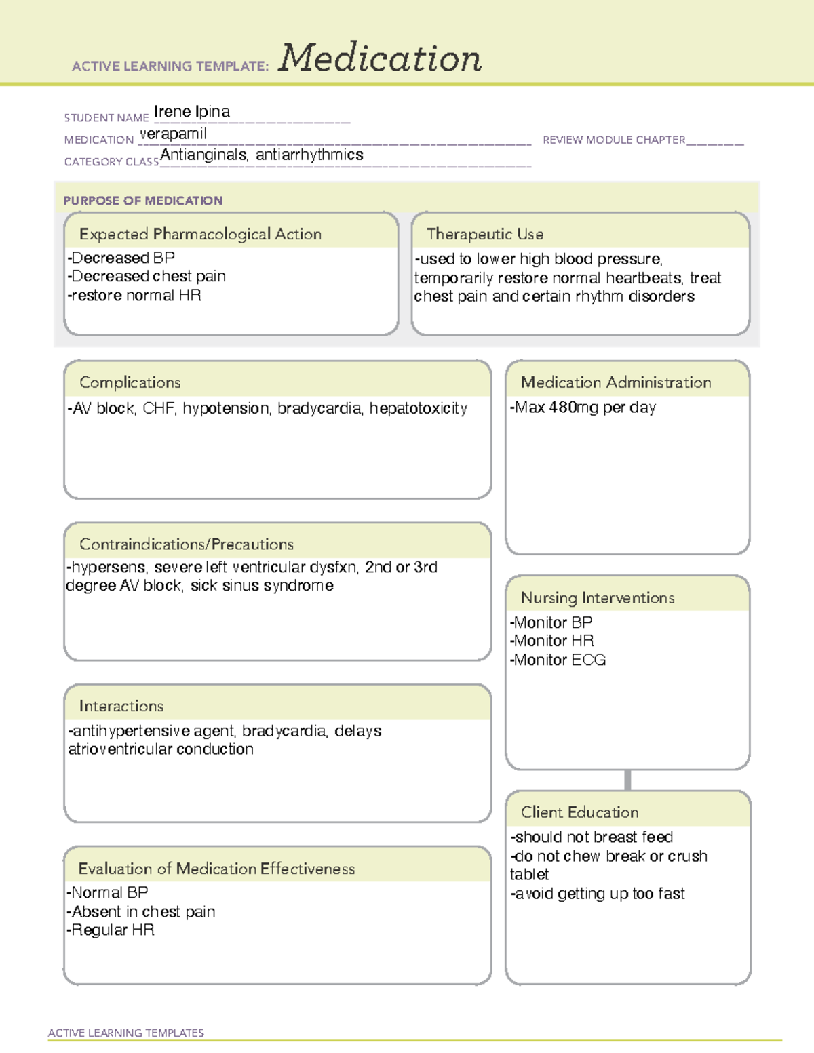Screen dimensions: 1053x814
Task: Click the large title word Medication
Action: click(380, 58)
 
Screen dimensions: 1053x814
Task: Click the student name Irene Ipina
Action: click(192, 112)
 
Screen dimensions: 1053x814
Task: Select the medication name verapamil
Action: click(173, 134)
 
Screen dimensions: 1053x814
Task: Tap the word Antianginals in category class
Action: click(203, 155)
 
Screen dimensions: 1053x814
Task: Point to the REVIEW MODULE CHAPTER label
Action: click(614, 140)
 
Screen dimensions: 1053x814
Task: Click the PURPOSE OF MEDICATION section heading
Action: click(143, 201)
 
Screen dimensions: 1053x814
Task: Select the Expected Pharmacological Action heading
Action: click(200, 234)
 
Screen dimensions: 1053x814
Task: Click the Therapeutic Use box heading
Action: click(485, 234)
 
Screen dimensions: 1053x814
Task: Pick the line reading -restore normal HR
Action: click(134, 296)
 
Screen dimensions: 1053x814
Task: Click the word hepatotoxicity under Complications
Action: click(419, 408)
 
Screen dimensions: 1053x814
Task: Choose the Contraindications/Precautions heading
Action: click(187, 544)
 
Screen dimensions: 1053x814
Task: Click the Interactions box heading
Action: click(121, 706)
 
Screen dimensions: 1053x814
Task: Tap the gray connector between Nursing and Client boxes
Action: click(627, 780)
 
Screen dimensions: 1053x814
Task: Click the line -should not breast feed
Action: click(592, 837)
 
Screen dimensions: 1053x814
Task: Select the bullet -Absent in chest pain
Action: click(141, 912)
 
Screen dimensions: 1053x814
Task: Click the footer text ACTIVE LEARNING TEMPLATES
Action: click(126, 1033)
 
